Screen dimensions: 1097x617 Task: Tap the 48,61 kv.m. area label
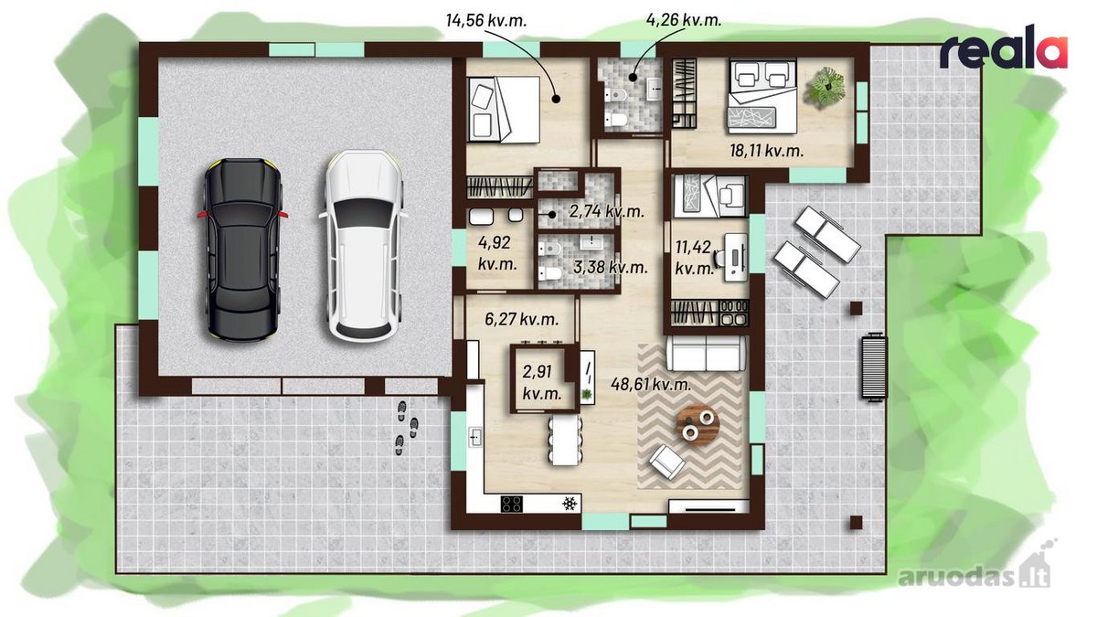click(651, 385)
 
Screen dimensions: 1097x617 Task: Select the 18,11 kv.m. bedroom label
click(766, 150)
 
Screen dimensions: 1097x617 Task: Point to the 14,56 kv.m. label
click(485, 20)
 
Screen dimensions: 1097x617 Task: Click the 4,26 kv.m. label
click(684, 19)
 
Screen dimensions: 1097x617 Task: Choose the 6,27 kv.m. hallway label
click(522, 319)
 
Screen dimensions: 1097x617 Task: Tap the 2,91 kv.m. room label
click(541, 382)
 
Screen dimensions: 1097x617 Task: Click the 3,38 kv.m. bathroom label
click(611, 267)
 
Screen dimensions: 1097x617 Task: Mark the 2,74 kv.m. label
click(606, 211)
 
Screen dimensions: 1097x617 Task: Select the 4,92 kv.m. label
click(497, 252)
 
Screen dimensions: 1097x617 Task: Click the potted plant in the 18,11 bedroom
click(826, 87)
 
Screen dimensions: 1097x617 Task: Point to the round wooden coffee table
click(698, 423)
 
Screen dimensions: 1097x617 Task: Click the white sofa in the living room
click(706, 354)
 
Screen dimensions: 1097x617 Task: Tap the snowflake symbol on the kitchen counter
click(569, 504)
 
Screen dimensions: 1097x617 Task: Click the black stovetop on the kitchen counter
click(511, 504)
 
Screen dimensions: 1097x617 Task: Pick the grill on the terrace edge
click(874, 367)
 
